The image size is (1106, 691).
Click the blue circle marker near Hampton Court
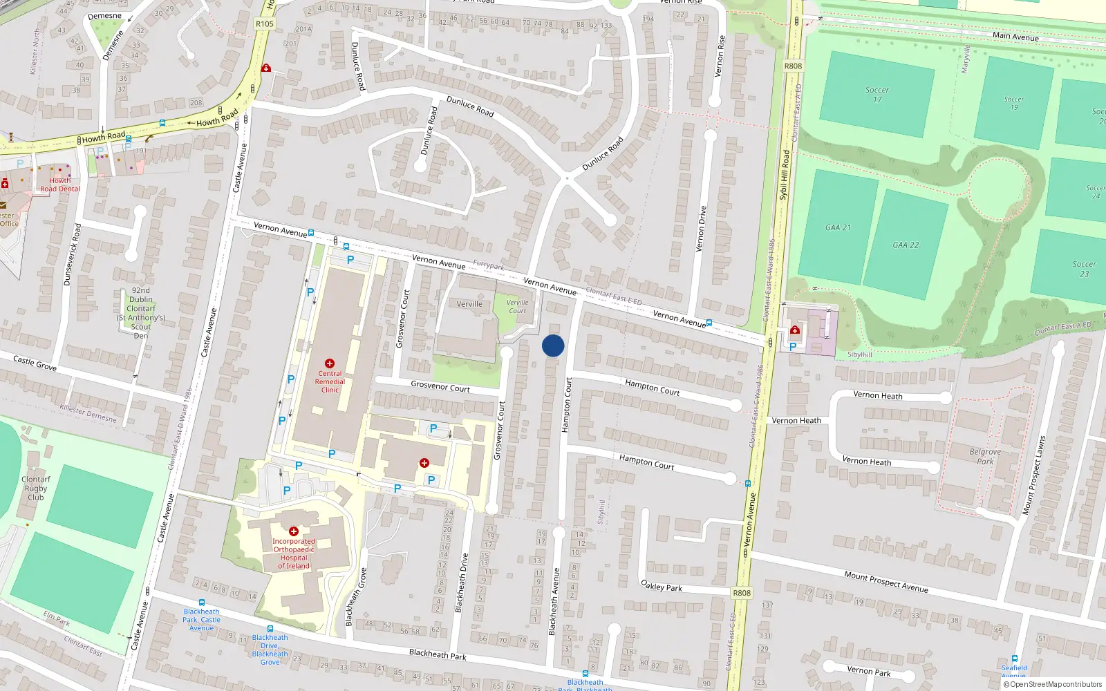(553, 345)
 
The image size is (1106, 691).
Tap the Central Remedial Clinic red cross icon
(330, 363)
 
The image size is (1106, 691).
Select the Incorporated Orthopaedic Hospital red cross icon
(294, 531)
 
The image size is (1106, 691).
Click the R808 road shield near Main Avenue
(793, 66)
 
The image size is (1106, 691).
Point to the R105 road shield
(264, 23)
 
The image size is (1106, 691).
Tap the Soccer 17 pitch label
(877, 95)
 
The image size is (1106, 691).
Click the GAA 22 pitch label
(906, 245)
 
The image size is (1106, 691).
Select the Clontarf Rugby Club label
(35, 488)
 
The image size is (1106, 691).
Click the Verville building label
(469, 304)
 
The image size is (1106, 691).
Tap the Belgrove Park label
(985, 456)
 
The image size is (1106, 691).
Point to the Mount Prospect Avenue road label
(885, 581)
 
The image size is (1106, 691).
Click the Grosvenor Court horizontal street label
(440, 386)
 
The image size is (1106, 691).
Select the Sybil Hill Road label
(784, 176)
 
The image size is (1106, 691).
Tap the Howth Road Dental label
(59, 184)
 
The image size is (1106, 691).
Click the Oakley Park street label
(662, 586)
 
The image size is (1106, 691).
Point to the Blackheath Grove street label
(355, 597)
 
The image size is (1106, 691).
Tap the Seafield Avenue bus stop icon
(1014, 659)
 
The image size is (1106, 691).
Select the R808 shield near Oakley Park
(741, 593)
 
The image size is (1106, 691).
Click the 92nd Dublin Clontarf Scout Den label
(141, 313)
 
